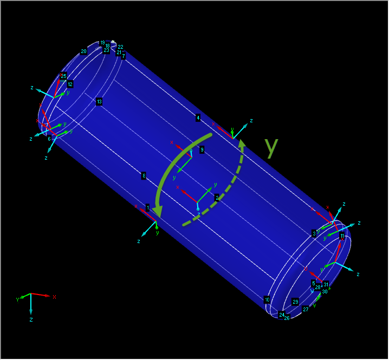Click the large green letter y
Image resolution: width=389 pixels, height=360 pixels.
pos(271,147)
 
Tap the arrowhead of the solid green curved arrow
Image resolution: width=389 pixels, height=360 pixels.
pos(158,212)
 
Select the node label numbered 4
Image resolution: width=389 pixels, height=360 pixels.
pos(198,117)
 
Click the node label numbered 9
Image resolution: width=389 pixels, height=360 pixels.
pos(202,149)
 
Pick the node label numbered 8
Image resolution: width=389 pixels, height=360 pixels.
pos(144,175)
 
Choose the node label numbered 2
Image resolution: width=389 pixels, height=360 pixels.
pos(217,198)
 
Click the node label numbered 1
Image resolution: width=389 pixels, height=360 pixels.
pos(147,207)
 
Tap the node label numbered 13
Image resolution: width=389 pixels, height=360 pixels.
pos(99,102)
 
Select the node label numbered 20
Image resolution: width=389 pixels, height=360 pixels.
pos(84,51)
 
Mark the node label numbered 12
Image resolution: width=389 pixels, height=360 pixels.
pos(70,84)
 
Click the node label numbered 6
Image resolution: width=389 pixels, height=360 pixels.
pos(49,139)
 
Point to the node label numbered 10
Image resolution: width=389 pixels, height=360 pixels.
pos(267,299)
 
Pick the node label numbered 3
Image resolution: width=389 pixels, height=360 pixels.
pos(314,233)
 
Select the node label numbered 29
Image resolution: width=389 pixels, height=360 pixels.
pos(295,302)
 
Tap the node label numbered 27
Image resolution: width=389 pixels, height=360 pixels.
pos(306,309)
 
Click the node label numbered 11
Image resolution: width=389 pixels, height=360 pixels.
pos(342,236)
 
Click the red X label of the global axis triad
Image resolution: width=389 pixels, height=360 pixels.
pos(55,297)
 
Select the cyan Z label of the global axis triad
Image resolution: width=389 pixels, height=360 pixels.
pos(31,320)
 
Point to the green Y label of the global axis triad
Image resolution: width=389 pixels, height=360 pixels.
pos(17,299)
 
